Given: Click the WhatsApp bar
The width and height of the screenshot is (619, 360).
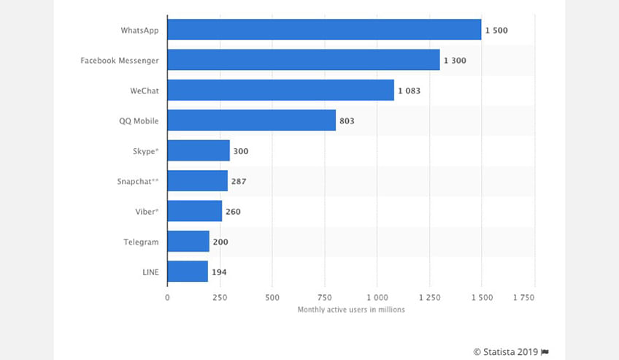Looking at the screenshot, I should (x=324, y=30).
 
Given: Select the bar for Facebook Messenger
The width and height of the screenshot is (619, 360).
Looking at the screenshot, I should (x=304, y=60).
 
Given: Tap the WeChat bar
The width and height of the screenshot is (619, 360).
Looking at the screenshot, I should (x=280, y=90).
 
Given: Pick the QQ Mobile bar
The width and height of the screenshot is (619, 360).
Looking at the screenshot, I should (x=251, y=120).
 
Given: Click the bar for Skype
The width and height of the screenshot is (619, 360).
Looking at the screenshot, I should (x=199, y=150).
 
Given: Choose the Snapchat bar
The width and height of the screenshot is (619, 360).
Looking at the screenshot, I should (x=197, y=180).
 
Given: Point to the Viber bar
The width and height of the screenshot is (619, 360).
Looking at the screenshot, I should (x=194, y=211).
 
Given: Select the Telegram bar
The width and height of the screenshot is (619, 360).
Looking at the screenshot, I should (x=188, y=241).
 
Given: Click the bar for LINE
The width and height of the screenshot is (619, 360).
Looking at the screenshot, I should (x=188, y=272).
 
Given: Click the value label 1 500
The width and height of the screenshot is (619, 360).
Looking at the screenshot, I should (x=496, y=31).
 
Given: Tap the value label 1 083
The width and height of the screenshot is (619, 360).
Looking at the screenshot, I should (x=409, y=91).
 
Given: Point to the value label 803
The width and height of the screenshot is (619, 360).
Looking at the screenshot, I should (x=347, y=120).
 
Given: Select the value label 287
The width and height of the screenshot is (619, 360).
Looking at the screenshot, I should (x=239, y=181).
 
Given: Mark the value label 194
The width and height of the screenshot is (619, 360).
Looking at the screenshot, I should (x=219, y=272).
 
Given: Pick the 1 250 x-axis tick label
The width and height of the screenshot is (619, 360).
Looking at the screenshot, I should (x=430, y=298).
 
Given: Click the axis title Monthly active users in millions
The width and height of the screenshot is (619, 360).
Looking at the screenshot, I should (x=351, y=310).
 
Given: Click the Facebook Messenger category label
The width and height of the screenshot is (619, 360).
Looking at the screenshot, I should (x=120, y=61).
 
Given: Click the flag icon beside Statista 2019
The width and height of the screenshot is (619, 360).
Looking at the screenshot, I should (x=545, y=352).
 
